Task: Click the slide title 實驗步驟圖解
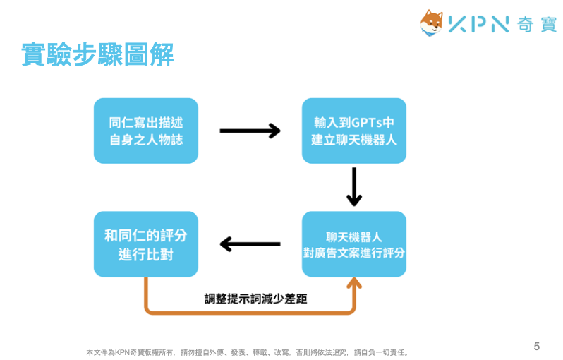coord(97,55)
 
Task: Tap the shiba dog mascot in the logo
coord(432,23)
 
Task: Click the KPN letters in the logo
coord(478,24)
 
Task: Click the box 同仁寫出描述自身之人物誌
coord(146,131)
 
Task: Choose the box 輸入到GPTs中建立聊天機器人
coord(353,131)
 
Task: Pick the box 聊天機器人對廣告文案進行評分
coord(353,244)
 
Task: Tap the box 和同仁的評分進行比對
coord(146,244)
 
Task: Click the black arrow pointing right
coord(250,131)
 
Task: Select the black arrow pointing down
coord(354,187)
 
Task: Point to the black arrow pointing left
coord(250,244)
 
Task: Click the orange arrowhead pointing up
coord(353,284)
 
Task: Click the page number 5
coord(537,346)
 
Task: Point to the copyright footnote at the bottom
coord(248,352)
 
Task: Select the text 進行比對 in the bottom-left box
coord(146,253)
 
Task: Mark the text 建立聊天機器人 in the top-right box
coord(353,140)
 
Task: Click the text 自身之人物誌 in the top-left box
coord(146,140)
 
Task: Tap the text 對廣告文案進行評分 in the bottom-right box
coord(353,253)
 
